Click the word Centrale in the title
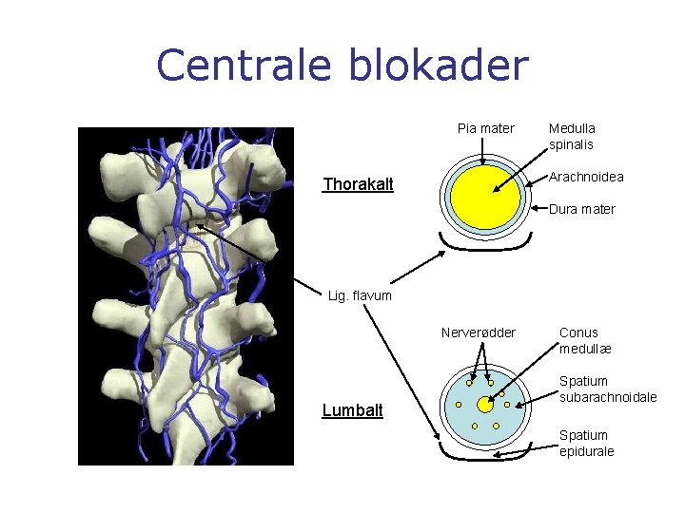pyautogui.click(x=243, y=66)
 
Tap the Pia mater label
pyautogui.click(x=485, y=128)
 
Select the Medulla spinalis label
pyautogui.click(x=572, y=136)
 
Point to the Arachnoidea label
pyautogui.click(x=586, y=177)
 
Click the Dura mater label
pyautogui.click(x=582, y=209)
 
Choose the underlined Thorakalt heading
pyautogui.click(x=358, y=184)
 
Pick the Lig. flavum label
pyautogui.click(x=359, y=295)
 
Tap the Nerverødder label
pyautogui.click(x=479, y=332)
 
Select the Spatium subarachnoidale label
pyautogui.click(x=607, y=389)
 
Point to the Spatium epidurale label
pyautogui.click(x=586, y=443)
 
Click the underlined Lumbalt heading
pyautogui.click(x=352, y=410)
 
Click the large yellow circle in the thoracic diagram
pyautogui.click(x=481, y=197)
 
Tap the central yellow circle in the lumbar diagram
pyautogui.click(x=484, y=406)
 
